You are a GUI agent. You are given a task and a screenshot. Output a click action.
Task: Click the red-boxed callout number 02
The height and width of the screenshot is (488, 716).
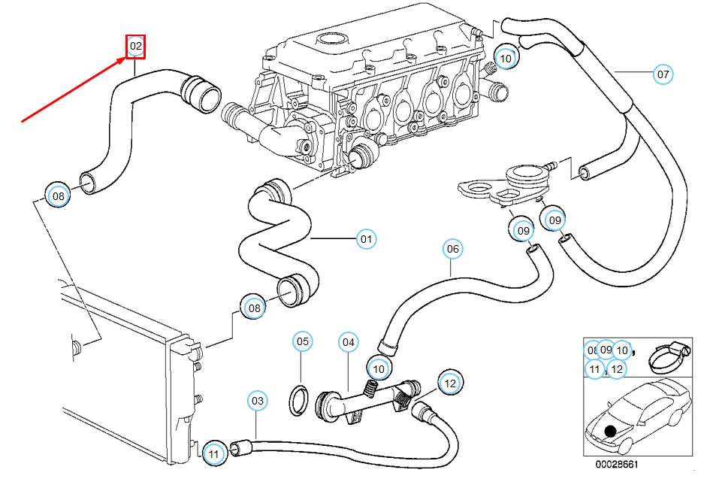[135, 47]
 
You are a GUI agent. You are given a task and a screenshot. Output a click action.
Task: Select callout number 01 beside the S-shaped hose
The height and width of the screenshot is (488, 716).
[365, 240]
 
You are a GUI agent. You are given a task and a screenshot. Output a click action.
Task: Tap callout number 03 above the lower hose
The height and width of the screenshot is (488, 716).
[258, 402]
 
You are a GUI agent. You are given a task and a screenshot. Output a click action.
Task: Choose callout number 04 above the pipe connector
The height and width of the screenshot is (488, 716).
[348, 342]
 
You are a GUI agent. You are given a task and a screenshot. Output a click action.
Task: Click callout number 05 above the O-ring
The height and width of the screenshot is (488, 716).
[302, 342]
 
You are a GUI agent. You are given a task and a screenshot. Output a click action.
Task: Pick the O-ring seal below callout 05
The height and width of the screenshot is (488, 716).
[299, 399]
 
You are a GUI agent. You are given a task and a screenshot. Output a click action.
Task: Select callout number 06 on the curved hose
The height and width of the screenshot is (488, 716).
[452, 249]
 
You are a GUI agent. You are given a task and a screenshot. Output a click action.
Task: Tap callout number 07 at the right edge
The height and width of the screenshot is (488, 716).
[662, 74]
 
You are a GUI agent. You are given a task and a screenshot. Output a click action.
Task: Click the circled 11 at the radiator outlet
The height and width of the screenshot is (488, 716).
[214, 453]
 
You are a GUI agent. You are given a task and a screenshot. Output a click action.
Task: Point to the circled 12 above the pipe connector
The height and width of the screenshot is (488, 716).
[449, 383]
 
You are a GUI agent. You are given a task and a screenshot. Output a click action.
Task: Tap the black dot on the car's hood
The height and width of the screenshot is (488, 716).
[609, 430]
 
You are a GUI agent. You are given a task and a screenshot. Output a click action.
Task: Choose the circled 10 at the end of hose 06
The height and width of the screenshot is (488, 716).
[378, 368]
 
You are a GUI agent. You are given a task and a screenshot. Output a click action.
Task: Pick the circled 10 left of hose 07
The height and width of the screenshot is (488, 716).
[506, 57]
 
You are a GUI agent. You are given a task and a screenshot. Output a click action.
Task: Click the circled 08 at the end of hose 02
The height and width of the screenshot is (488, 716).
[58, 196]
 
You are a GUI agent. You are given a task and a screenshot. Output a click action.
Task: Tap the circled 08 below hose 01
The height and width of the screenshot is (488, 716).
[254, 308]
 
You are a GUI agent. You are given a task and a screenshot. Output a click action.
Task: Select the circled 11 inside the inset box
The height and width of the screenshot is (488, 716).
[595, 368]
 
